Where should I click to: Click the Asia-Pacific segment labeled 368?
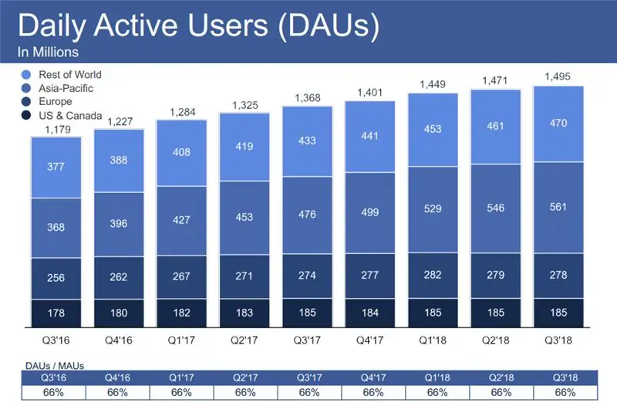pos(56,227)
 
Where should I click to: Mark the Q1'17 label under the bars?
pos(182,338)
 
